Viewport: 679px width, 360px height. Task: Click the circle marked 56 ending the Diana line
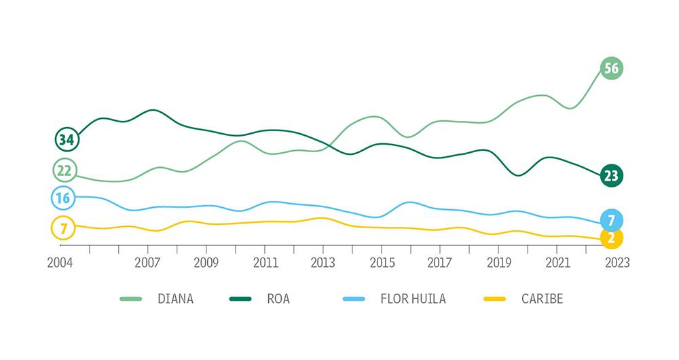pos(611,68)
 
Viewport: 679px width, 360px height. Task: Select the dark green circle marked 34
pos(67,140)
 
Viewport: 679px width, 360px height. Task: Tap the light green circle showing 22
pos(64,170)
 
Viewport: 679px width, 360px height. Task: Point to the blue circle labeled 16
pos(63,198)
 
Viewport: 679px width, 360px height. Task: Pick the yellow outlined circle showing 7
pos(63,228)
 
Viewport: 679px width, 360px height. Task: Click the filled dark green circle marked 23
pos(611,176)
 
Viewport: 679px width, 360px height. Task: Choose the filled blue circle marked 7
pos(611,220)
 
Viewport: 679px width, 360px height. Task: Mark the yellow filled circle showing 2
pos(611,238)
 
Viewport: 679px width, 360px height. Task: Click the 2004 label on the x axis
pos(60,263)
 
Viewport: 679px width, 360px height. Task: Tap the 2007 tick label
pos(147,263)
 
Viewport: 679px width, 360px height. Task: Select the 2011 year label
pos(265,263)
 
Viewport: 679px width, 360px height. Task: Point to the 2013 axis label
pos(323,263)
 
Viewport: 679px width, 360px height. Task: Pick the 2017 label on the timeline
pos(440,263)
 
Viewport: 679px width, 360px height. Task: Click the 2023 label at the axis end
pos(616,263)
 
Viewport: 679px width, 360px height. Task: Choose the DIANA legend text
pos(175,299)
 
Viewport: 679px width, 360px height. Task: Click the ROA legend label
pos(278,299)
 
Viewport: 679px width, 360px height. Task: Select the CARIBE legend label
pos(542,299)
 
